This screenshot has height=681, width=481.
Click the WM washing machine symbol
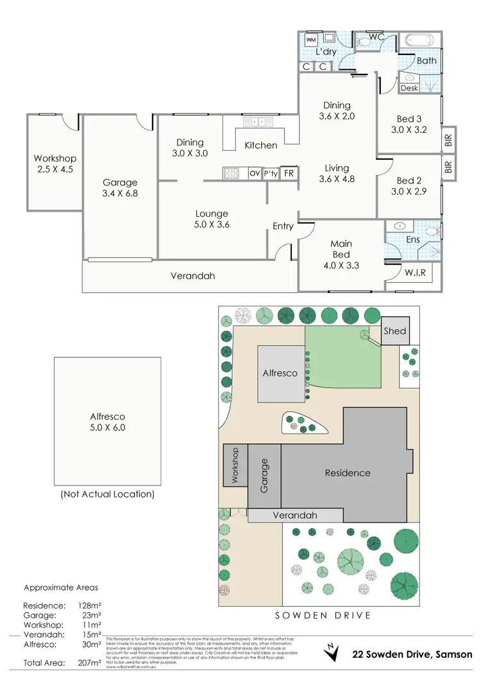point(311,40)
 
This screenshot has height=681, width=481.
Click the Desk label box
point(409,87)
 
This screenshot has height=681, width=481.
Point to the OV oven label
point(254,173)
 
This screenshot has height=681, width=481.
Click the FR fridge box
point(289,173)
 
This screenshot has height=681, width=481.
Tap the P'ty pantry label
point(271,173)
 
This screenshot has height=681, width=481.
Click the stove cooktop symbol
point(231,173)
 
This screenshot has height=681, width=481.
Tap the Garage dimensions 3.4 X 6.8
point(121,194)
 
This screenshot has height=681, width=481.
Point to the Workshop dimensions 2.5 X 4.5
point(55,170)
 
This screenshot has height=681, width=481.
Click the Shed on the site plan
point(394,331)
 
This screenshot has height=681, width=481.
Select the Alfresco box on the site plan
point(280,373)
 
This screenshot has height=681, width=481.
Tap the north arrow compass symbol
point(332,652)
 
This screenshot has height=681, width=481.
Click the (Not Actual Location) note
point(107,494)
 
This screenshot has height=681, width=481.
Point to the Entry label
point(283,226)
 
